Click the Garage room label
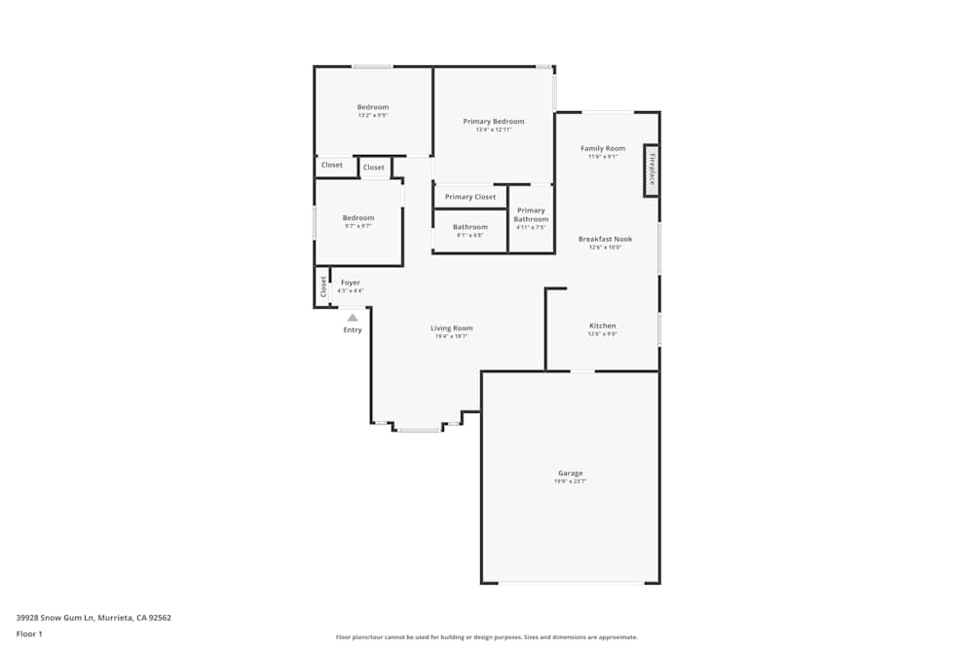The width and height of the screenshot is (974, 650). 570,474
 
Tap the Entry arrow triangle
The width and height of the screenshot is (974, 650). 353,317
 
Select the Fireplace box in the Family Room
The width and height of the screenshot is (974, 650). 652,172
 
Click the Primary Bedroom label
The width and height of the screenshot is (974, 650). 493,122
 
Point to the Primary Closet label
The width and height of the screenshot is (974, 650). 470,197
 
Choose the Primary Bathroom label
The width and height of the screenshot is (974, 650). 531,214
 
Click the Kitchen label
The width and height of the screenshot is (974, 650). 602,325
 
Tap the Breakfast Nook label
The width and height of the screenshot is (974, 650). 605,239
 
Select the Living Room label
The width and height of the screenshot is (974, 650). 451,328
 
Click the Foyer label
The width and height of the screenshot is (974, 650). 350,283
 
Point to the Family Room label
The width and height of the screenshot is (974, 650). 603,148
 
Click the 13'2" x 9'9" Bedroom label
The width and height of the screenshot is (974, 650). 372,107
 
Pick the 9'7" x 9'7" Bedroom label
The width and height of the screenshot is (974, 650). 357,217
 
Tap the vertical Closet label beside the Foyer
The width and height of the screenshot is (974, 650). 323,287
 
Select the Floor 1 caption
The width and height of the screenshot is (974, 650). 29,633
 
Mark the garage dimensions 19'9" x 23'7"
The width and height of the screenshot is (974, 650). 570,481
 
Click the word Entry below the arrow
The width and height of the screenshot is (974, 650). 353,330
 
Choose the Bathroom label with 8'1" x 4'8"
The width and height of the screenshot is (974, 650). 469,227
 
